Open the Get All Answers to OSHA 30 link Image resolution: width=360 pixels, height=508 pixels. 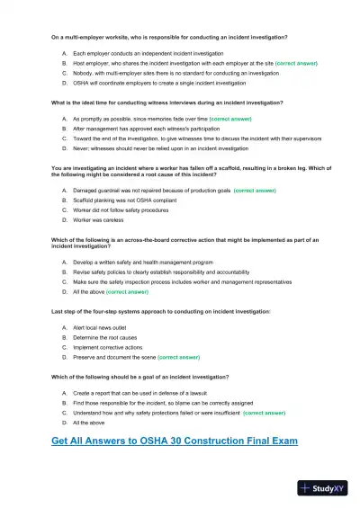click(175, 441)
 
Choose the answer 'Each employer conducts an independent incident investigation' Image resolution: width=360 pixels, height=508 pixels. click(148, 54)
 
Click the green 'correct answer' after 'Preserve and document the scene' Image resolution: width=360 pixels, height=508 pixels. click(178, 357)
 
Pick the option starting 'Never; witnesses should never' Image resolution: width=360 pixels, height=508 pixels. click(153, 148)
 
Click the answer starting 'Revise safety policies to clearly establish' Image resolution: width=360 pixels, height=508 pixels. click(161, 272)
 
